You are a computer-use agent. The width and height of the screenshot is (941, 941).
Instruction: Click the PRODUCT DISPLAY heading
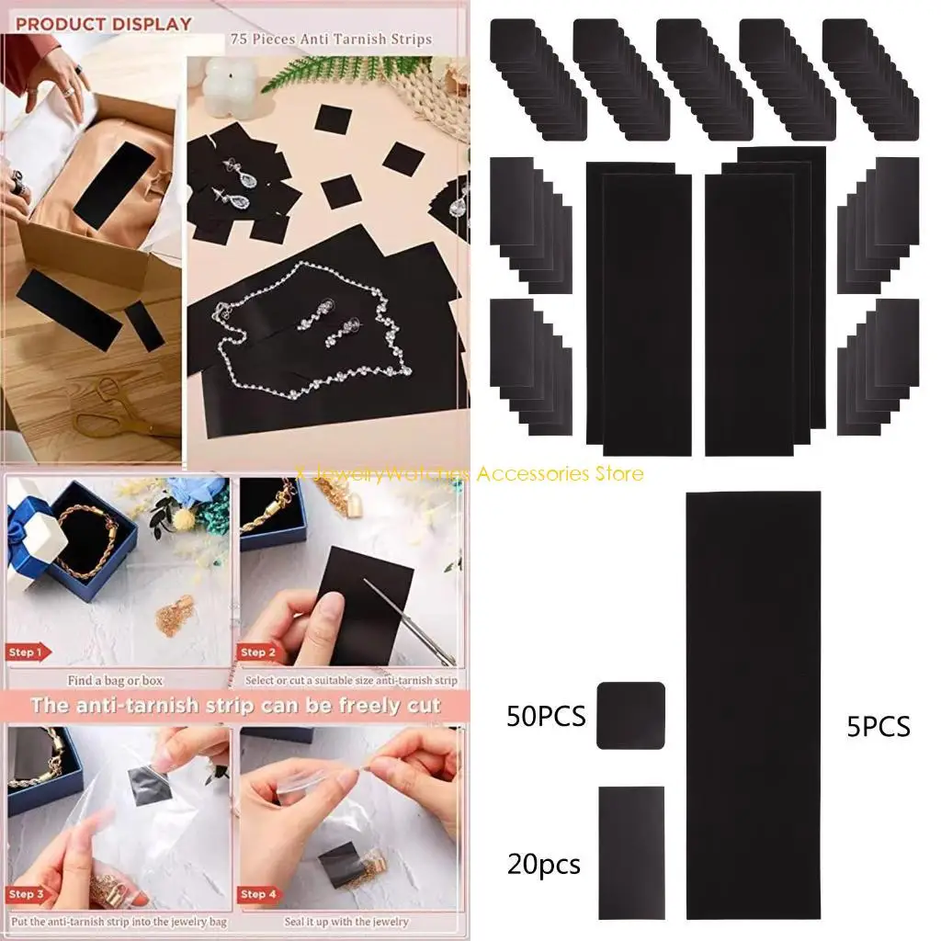point(104,24)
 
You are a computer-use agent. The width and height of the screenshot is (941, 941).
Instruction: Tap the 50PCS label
point(546,717)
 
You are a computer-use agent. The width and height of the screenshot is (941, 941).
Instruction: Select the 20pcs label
point(543,864)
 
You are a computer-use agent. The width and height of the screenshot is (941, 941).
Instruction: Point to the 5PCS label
point(879,726)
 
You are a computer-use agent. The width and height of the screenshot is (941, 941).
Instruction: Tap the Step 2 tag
point(259,652)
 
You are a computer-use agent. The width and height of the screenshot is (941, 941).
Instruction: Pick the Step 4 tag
point(259,893)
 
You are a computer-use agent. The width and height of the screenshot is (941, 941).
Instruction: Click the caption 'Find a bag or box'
point(116,681)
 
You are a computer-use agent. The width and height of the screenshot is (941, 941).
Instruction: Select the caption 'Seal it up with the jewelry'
point(351,921)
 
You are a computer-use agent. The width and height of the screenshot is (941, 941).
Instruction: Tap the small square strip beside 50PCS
point(630,715)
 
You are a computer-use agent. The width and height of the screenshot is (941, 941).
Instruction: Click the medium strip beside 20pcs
point(630,851)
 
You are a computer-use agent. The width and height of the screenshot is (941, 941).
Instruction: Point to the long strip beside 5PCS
point(753,704)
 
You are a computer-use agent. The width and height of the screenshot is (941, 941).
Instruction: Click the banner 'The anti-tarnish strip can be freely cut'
point(235,706)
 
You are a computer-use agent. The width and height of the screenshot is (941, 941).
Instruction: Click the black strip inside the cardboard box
point(108,185)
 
